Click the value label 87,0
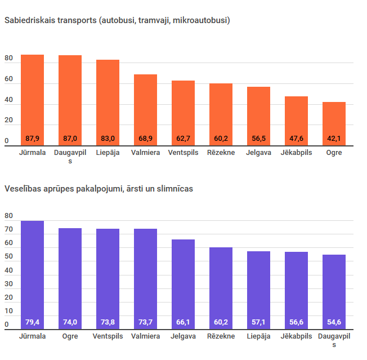(70, 139)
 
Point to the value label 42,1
(334, 139)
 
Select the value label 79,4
(32, 322)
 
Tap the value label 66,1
(183, 322)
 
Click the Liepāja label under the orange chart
(108, 153)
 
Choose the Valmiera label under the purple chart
(145, 336)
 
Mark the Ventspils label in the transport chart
(183, 153)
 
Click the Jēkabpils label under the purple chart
(296, 336)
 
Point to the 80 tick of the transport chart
(8, 59)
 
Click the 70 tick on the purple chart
(8, 230)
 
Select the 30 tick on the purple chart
(8, 284)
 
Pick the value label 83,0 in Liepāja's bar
(108, 139)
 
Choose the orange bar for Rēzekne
(221, 113)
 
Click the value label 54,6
(334, 322)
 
